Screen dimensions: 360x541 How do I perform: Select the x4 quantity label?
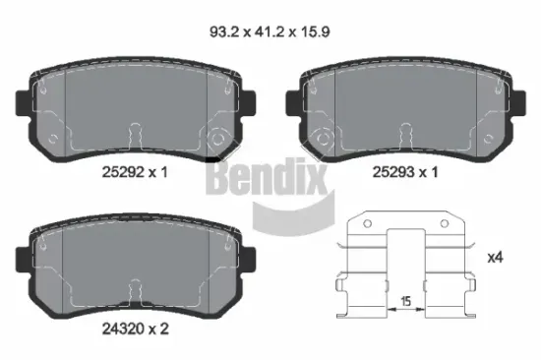pos(495,257)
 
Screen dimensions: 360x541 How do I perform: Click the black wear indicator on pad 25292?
pos(212,158)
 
